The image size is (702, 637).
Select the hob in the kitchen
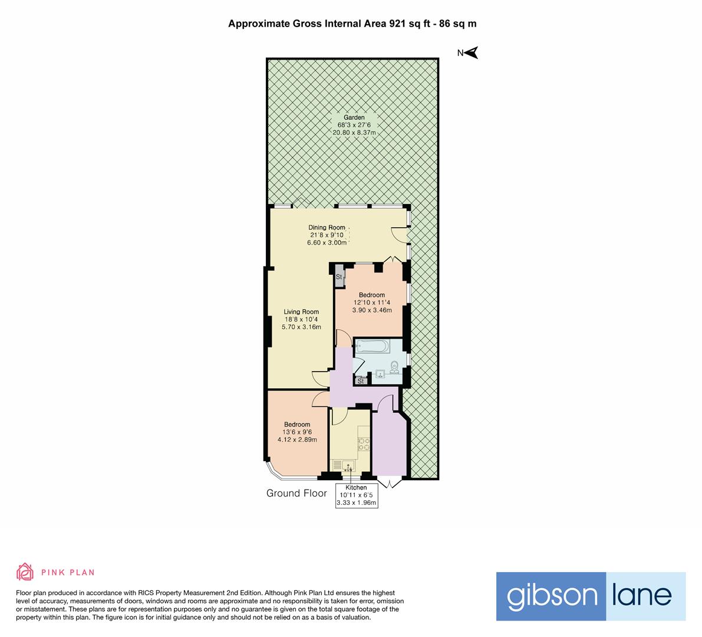point(363,444)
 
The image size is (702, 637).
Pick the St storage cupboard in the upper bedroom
point(340,277)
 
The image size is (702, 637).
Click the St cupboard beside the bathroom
point(361,381)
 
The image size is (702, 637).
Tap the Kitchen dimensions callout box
point(356,495)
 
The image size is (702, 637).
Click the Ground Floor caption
point(296,493)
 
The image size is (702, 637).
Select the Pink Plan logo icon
point(25,572)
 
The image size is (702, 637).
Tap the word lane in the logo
point(646,596)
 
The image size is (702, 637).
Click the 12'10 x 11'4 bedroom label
point(371,303)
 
